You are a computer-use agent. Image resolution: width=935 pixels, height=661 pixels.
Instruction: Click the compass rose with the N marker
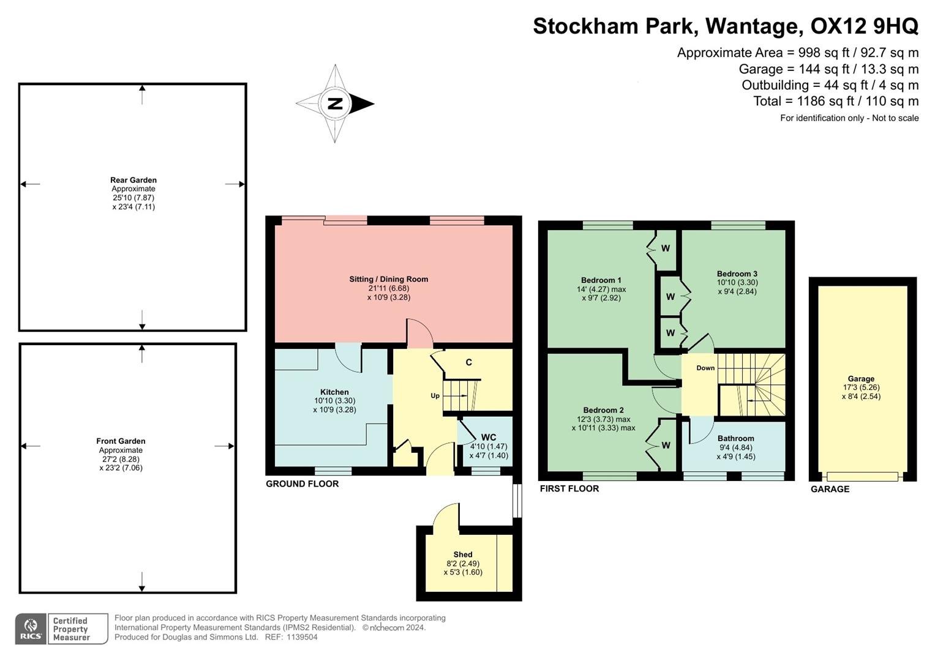(x=335, y=103)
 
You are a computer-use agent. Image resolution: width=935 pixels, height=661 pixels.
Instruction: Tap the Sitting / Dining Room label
(x=388, y=279)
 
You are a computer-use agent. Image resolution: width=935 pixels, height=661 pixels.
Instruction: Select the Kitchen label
(x=334, y=392)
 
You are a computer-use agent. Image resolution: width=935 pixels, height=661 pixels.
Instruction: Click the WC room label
(x=489, y=437)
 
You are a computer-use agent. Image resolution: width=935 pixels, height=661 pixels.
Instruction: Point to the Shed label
(x=463, y=555)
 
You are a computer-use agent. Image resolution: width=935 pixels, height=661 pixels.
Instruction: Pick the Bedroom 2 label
(x=603, y=410)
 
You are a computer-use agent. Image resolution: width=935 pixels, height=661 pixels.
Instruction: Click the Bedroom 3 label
(x=737, y=274)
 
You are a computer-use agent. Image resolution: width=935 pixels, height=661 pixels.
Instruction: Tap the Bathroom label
(x=735, y=438)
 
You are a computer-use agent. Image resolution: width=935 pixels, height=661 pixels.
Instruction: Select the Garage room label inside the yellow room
(x=861, y=379)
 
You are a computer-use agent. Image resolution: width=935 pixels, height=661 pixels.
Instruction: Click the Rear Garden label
(x=133, y=180)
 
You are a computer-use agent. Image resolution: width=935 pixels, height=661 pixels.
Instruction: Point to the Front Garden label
(x=121, y=441)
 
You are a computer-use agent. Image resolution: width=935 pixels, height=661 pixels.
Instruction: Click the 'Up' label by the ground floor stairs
(x=435, y=395)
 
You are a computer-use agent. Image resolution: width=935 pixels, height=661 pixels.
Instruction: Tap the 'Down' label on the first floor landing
(x=705, y=368)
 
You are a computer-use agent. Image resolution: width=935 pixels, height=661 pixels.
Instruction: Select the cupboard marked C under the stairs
(x=469, y=362)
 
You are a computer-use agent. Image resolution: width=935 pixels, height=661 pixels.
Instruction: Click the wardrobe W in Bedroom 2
(x=666, y=446)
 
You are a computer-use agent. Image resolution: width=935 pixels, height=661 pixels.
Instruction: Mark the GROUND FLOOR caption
(x=302, y=484)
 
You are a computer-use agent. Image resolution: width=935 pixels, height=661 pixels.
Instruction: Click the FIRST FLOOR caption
(x=569, y=488)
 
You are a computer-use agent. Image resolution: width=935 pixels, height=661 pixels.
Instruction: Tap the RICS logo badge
(x=31, y=629)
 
